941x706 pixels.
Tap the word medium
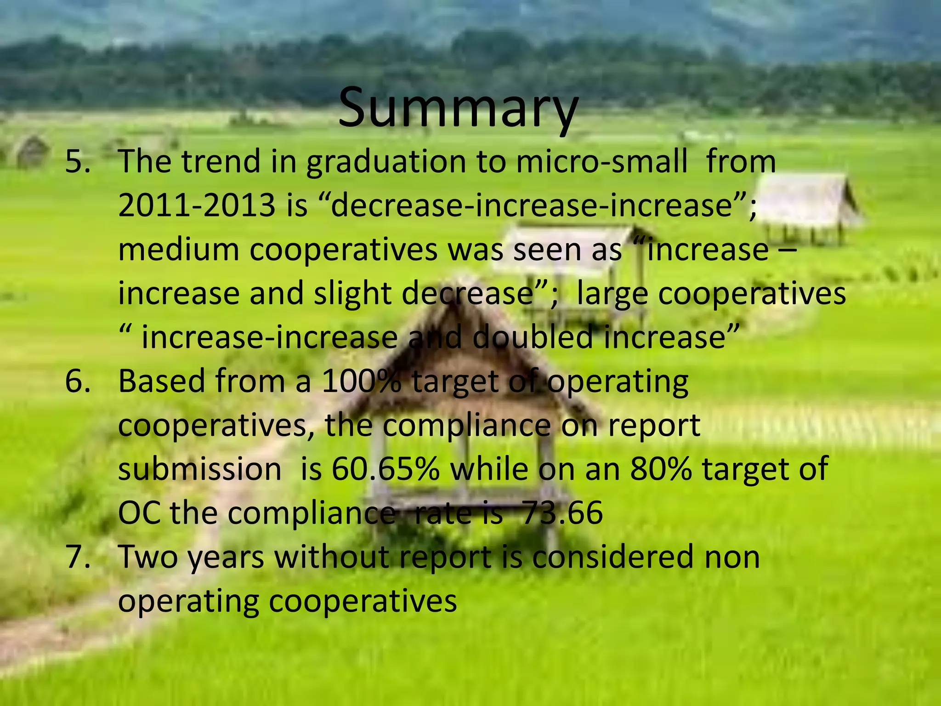coord(178,250)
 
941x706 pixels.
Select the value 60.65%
coord(385,469)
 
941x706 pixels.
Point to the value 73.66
coord(562,512)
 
